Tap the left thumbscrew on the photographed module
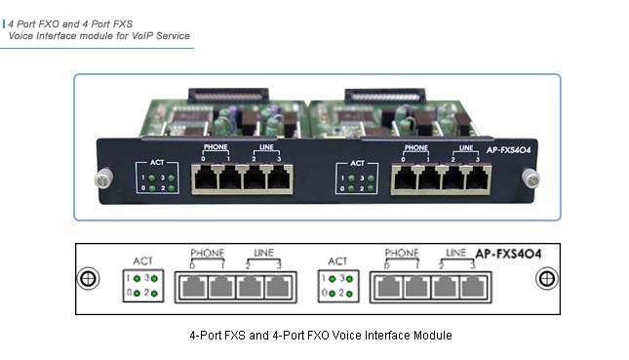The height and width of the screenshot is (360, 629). tap(99, 179)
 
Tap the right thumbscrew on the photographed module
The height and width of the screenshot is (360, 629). tap(531, 178)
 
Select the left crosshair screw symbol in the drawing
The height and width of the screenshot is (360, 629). tap(89, 278)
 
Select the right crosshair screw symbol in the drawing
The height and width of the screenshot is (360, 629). tap(545, 278)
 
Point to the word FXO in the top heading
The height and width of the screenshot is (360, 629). tap(55, 20)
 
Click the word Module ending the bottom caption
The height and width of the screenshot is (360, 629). tap(435, 335)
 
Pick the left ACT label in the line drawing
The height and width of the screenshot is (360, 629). tap(144, 261)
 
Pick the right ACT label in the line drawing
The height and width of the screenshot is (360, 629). tap(338, 261)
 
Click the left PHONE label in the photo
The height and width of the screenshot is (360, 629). tap(216, 147)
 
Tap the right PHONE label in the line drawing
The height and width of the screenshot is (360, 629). tap(402, 253)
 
